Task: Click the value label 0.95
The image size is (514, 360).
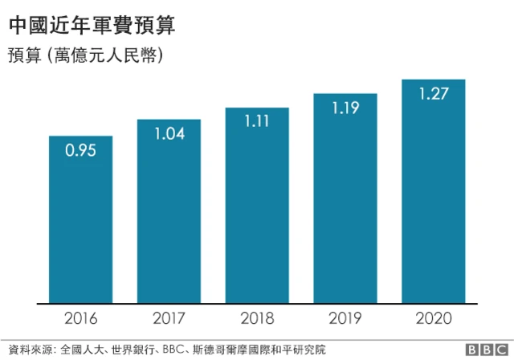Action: (x=80, y=150)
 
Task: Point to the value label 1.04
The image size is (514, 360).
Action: (x=169, y=133)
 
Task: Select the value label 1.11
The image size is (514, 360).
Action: (x=257, y=121)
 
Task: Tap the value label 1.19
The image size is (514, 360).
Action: (x=345, y=106)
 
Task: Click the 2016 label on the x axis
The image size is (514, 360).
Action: (x=80, y=319)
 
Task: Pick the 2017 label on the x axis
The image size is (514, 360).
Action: (x=169, y=319)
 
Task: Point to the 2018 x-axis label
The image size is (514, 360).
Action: (x=257, y=319)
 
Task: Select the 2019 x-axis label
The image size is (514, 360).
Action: (x=345, y=319)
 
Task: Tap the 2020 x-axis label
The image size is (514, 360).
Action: (x=434, y=319)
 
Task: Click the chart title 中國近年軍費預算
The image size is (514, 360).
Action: (x=92, y=26)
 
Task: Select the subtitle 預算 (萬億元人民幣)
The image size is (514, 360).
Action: (x=86, y=55)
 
